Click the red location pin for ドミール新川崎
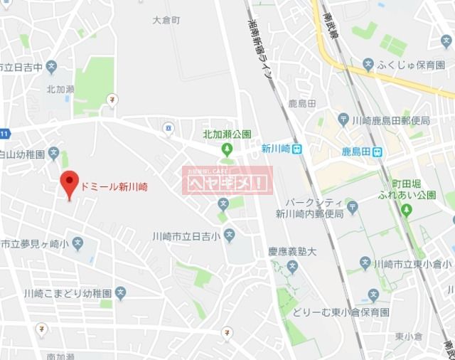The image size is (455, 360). pyautogui.click(x=69, y=184)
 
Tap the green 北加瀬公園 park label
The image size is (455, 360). pyautogui.click(x=227, y=134)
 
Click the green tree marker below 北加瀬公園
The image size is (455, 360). pyautogui.click(x=227, y=149)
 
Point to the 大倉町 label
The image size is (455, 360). pyautogui.click(x=166, y=21)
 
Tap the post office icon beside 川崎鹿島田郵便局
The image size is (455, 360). pyautogui.click(x=343, y=120)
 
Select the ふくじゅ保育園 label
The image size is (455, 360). pyautogui.click(x=411, y=65)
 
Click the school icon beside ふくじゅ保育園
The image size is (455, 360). pyautogui.click(x=368, y=65)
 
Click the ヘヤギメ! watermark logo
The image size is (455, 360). pyautogui.click(x=227, y=181)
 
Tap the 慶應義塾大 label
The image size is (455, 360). pyautogui.click(x=291, y=251)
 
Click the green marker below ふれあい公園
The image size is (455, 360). pyautogui.click(x=407, y=211)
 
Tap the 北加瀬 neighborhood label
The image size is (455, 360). pyautogui.click(x=60, y=89)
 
